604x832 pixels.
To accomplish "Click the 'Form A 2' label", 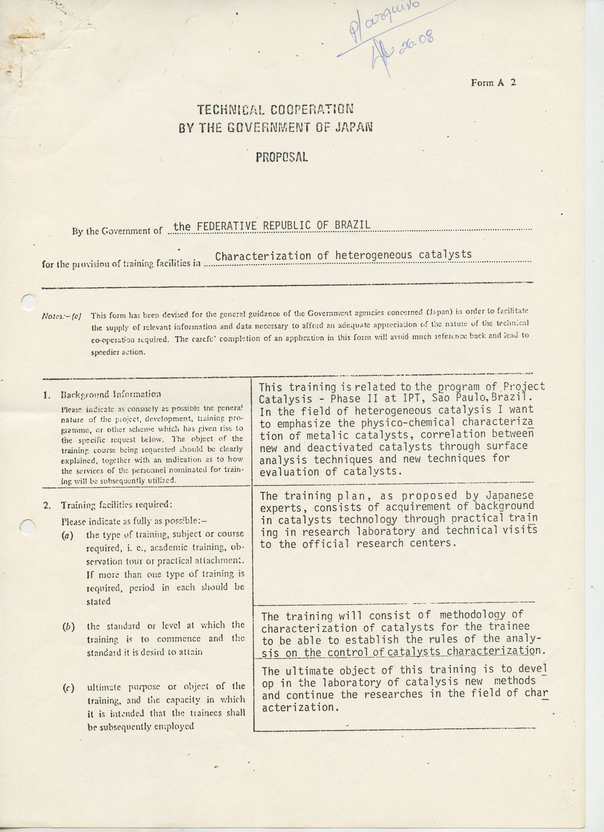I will [x=493, y=83].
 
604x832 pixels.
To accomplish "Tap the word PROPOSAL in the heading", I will [x=282, y=157].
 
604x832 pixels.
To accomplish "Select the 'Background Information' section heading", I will [x=110, y=395].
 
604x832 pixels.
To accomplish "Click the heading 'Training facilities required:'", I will [x=116, y=505].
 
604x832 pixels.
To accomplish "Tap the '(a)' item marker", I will [x=67, y=535].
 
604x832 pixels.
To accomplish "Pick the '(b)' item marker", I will [x=68, y=626].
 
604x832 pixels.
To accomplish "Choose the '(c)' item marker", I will [x=68, y=688].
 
